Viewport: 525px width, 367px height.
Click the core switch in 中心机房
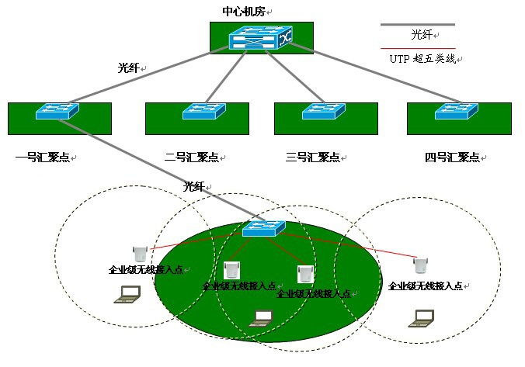click(x=260, y=40)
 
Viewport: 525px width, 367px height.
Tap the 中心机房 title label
click(x=247, y=12)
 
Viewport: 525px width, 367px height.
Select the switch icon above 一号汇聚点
click(x=57, y=112)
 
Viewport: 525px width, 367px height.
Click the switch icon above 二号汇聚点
click(x=203, y=112)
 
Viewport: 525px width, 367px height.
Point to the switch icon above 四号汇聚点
click(x=456, y=112)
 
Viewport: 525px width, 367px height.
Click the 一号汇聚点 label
click(x=43, y=158)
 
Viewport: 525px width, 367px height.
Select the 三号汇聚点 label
click(x=313, y=158)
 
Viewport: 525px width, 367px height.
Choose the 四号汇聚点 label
click(x=452, y=158)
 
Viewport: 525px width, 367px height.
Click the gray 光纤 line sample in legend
click(x=417, y=24)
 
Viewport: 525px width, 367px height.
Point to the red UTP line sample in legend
click(x=417, y=49)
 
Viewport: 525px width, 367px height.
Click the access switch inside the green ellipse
click(x=263, y=228)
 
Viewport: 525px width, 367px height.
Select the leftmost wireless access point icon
click(x=141, y=253)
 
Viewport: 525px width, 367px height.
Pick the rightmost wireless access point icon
click(x=420, y=265)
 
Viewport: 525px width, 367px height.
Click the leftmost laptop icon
click(x=127, y=294)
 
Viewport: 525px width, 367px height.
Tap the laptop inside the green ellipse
click(x=264, y=317)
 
